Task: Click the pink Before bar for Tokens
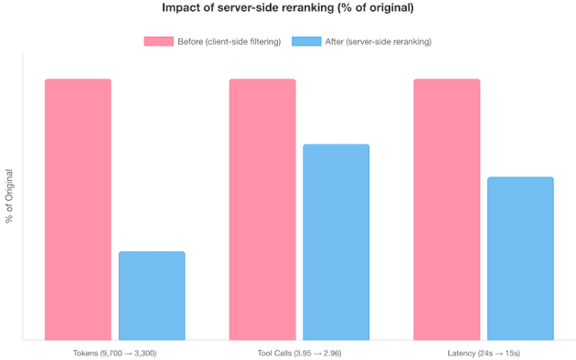tap(78, 209)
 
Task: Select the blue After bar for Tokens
tap(152, 295)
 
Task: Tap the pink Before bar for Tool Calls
tap(262, 209)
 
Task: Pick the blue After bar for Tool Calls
tap(336, 242)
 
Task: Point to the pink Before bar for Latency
tap(446, 209)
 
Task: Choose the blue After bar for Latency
tap(520, 259)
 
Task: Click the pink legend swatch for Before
tap(158, 42)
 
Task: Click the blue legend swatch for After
tap(305, 42)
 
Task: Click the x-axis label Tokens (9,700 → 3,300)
tap(115, 352)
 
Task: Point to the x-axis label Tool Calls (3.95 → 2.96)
tap(299, 352)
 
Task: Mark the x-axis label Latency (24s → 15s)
tap(484, 352)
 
